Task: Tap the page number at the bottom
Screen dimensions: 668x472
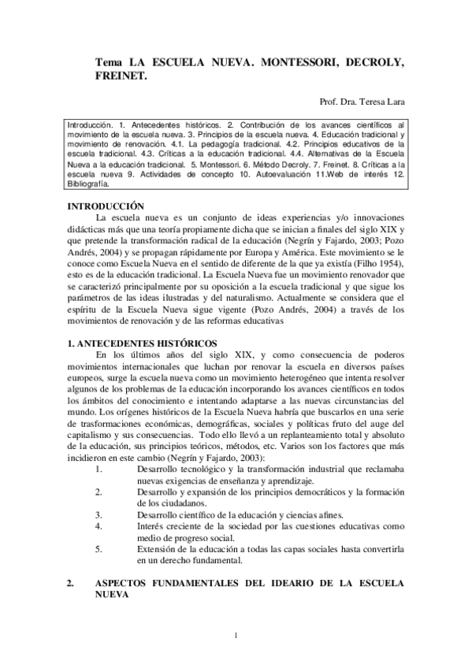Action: tap(236, 635)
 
